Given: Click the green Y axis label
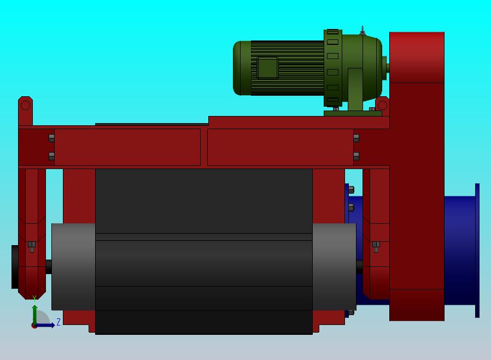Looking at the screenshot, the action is click(x=34, y=298).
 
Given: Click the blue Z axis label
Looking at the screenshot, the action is click(x=59, y=322).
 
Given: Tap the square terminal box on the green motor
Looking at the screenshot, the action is click(x=267, y=67).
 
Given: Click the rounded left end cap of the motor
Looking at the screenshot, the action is click(x=242, y=68).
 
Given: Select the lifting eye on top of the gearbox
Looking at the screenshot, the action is click(x=363, y=31).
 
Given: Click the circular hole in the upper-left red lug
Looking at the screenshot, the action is click(x=25, y=105).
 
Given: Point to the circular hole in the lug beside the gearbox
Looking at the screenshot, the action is click(x=382, y=105).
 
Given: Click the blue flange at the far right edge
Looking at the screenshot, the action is click(x=477, y=251).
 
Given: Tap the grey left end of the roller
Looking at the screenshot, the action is click(x=73, y=266).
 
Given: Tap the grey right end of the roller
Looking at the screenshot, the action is click(x=334, y=266).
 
